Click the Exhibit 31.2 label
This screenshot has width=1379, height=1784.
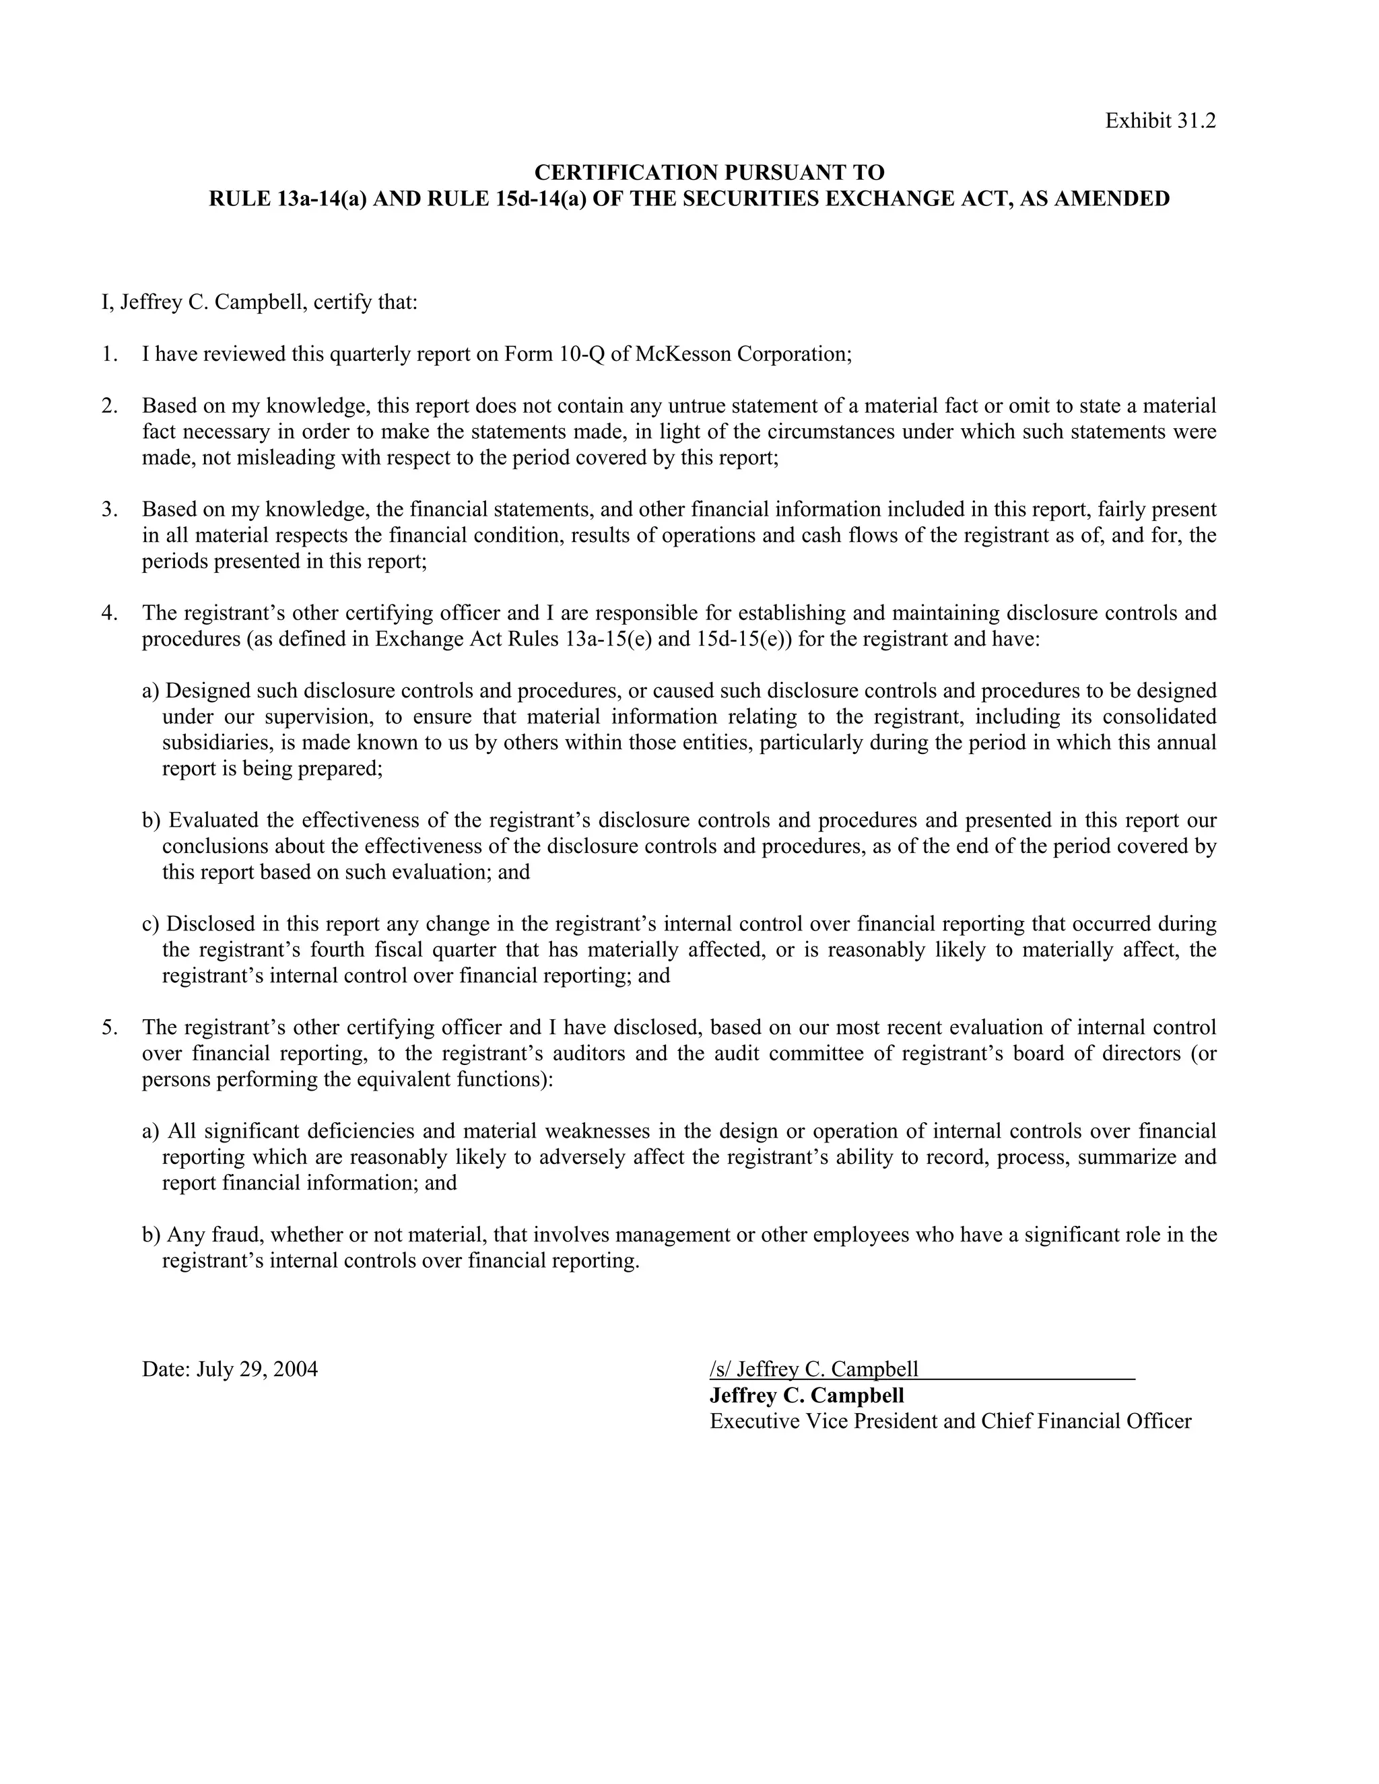pyautogui.click(x=1160, y=121)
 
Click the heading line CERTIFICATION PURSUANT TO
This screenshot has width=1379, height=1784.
pyautogui.click(x=708, y=172)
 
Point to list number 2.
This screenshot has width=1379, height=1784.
pyautogui.click(x=110, y=406)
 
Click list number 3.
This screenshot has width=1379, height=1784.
pyautogui.click(x=110, y=510)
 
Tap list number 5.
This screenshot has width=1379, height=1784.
pyautogui.click(x=110, y=1027)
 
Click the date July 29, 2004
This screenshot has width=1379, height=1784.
pyautogui.click(x=257, y=1385)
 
